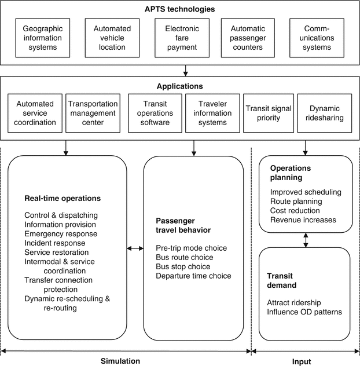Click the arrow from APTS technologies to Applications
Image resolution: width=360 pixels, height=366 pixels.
click(x=185, y=71)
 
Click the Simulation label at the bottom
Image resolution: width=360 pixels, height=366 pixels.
click(x=120, y=360)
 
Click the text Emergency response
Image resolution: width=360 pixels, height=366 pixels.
click(x=61, y=233)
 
